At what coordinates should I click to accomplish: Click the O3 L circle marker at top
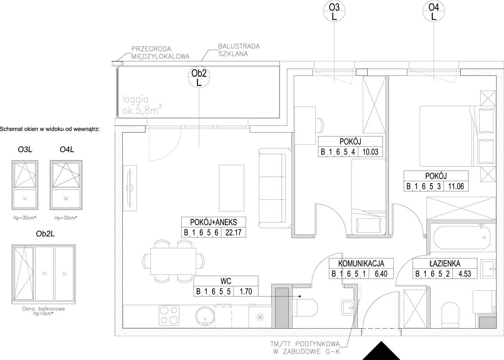pos(334,12)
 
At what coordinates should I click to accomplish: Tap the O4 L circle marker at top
pos(434,12)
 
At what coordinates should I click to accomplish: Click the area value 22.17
pos(233,232)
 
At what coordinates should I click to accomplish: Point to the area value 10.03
pos(370,152)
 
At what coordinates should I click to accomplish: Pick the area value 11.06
pos(456,186)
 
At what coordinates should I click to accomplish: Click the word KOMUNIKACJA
pos(361,264)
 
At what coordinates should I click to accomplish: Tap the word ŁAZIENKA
pos(445,264)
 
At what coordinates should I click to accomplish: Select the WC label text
pos(226,281)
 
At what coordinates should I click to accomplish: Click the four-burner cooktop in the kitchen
pos(169,315)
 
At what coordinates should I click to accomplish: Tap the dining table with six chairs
pos(173,261)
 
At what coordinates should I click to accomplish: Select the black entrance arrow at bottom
pos(381,351)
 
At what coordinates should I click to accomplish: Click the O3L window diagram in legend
pos(25,185)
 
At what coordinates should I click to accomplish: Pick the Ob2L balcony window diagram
pos(44,274)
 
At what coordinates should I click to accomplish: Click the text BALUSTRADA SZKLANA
pos(239,50)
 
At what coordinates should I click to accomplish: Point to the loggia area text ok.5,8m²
pos(142,110)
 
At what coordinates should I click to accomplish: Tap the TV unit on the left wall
pos(130,188)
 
